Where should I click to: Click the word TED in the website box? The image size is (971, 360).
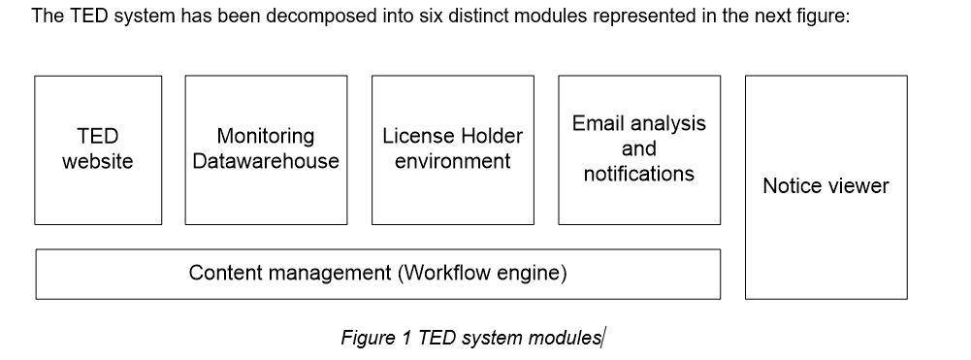coord(97,137)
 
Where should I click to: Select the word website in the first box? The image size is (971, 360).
coord(97,161)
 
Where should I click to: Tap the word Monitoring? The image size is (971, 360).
coord(265,137)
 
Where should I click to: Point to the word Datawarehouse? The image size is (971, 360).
coord(265,161)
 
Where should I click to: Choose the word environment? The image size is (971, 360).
coord(452,161)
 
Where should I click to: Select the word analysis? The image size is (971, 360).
coord(670,124)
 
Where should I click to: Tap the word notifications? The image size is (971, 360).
coord(638,174)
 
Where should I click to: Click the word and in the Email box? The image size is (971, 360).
coord(638,148)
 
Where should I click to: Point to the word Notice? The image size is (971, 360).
coord(793,186)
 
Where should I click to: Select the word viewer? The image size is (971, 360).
coord(858,186)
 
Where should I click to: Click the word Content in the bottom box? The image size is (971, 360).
coord(225,274)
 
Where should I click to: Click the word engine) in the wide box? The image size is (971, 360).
coord(533,274)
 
